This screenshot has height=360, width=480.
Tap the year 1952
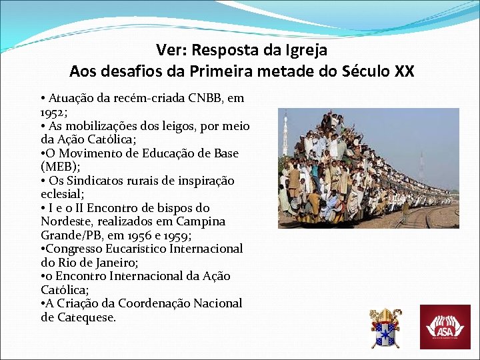[x=53, y=112]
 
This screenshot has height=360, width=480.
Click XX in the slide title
[x=404, y=71]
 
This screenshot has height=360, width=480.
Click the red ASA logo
[x=445, y=327]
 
